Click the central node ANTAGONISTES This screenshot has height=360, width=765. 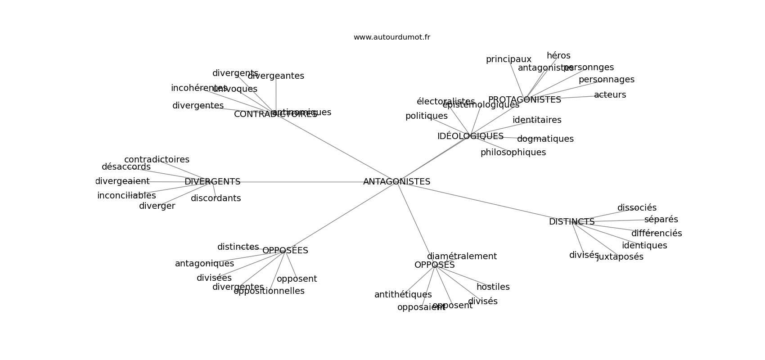point(396,182)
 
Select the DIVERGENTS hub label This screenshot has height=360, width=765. point(212,182)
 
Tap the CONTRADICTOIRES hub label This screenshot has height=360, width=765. point(252,115)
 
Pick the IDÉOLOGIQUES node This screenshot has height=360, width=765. point(470,136)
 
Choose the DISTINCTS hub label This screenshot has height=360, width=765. point(571,222)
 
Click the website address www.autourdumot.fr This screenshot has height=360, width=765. point(391,37)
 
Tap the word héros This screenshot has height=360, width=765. point(558,56)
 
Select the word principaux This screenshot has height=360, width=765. point(508,59)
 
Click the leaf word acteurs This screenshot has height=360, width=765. point(610,95)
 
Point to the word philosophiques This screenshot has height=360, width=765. point(513,153)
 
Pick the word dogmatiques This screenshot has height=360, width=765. point(545,139)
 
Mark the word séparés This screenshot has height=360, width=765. point(661,220)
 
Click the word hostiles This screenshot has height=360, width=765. point(493,287)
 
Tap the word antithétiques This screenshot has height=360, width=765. point(403,295)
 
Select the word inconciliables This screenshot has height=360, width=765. point(126,196)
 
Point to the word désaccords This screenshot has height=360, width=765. point(126,167)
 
